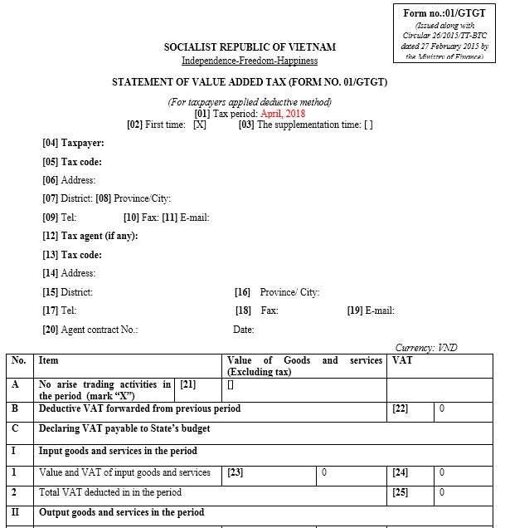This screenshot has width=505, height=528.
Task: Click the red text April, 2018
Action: point(284,114)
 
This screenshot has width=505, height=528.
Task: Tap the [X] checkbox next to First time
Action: point(200,125)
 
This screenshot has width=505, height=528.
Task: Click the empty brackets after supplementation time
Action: point(368,125)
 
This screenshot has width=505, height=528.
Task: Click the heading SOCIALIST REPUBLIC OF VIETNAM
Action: point(250,47)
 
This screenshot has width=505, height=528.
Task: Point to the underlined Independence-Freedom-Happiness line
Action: point(250,61)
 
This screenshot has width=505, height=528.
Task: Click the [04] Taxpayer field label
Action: point(73,143)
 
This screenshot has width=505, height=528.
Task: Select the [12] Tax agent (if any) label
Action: point(90,236)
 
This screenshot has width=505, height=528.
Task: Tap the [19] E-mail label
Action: point(371,310)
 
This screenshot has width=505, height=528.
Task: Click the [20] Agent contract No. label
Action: point(90,330)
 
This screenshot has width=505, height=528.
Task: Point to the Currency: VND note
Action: point(426,348)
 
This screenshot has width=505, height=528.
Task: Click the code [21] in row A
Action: point(187,384)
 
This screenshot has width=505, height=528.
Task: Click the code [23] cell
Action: point(236,472)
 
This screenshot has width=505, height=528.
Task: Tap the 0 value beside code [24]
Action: point(442,472)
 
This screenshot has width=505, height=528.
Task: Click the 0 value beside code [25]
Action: point(442,492)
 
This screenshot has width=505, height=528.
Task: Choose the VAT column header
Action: point(401,360)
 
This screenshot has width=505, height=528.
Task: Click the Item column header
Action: point(49,360)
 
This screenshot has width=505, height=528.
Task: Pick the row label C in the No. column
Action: point(15,428)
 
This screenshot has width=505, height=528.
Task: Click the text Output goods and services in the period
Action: point(121,512)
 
